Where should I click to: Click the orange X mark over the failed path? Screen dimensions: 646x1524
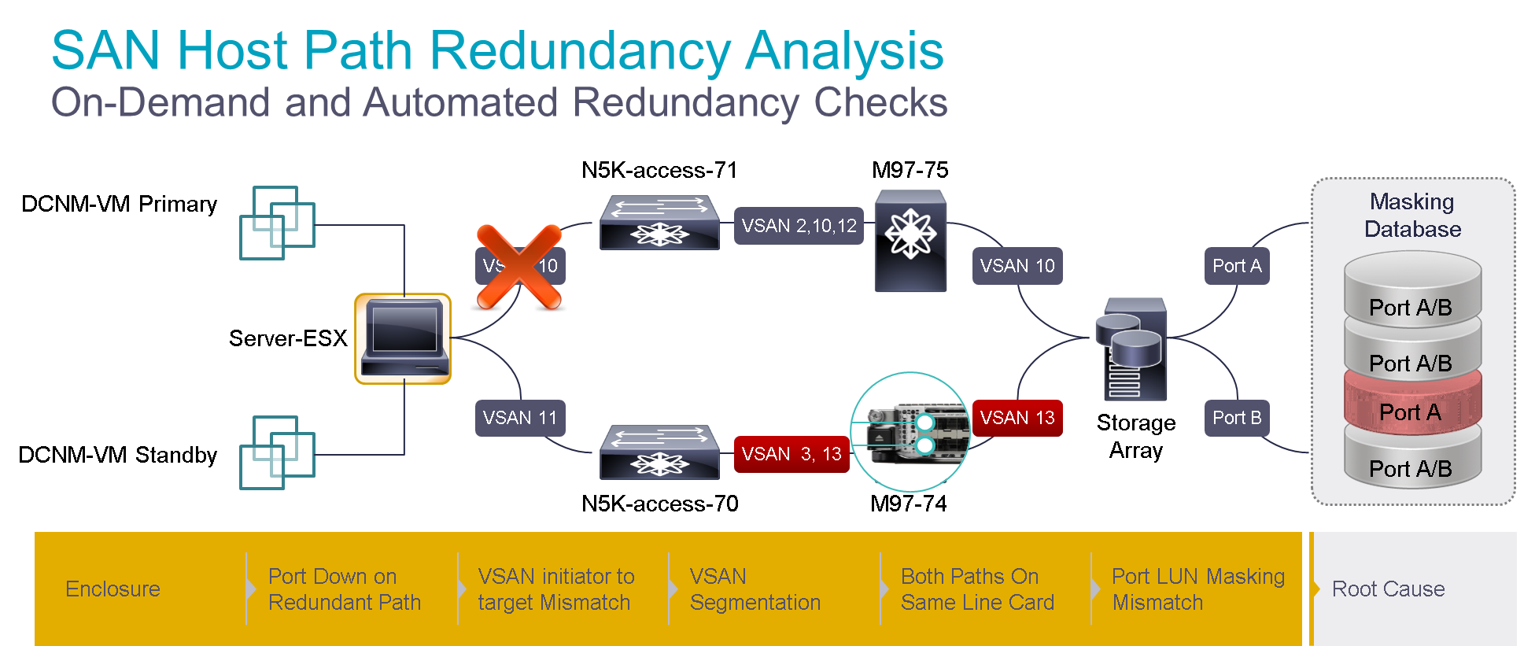point(519,266)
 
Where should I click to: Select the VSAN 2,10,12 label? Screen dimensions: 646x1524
point(799,226)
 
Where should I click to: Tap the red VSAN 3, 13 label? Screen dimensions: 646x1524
point(791,454)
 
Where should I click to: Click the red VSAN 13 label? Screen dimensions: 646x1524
point(1017,418)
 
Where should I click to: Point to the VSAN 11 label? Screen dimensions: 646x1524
point(519,418)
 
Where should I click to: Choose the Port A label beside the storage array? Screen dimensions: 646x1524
point(1237,266)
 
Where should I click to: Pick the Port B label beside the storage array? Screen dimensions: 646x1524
point(1237,418)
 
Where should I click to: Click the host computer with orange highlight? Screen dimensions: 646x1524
point(403,338)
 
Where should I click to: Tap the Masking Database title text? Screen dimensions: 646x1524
point(1412,215)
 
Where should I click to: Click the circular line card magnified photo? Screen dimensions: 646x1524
point(910,432)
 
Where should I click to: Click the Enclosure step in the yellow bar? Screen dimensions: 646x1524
point(113,589)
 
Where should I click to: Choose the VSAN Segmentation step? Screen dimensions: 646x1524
point(755,589)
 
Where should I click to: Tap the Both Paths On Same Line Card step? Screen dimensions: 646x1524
point(977,589)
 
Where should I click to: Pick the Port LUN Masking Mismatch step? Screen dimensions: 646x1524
point(1197,589)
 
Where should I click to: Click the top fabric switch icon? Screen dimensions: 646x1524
point(659,223)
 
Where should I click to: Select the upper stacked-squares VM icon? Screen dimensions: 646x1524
point(277,223)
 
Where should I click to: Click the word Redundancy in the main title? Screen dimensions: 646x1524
point(580,51)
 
